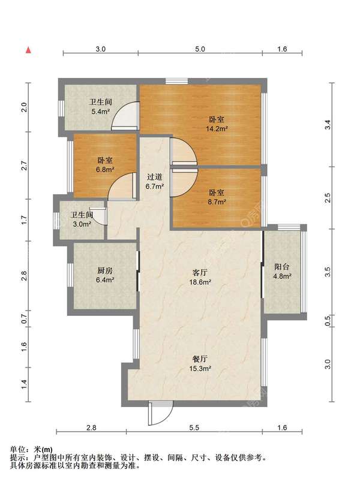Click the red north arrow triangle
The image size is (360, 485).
tap(28, 50)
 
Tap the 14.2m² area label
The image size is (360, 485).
tap(217, 129)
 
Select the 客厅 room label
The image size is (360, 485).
tap(200, 273)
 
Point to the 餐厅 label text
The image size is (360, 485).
tap(200, 359)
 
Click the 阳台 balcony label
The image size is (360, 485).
tap(281, 267)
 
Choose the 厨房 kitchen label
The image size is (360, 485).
tap(105, 270)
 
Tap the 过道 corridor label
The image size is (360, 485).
tap(154, 177)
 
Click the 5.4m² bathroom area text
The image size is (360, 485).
tap(101, 112)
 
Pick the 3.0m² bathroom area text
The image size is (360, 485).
tap(81, 224)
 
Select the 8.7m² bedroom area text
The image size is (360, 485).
tap(217, 202)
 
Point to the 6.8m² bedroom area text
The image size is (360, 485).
tap(105, 169)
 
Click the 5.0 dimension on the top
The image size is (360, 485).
tap(200, 49)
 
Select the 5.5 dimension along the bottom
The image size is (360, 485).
tap(194, 428)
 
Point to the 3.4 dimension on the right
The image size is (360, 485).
tap(328, 125)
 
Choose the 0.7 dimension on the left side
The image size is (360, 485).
tap(25, 318)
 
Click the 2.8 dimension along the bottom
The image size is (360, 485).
tap(91, 428)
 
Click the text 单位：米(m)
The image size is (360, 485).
tap(31, 450)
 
